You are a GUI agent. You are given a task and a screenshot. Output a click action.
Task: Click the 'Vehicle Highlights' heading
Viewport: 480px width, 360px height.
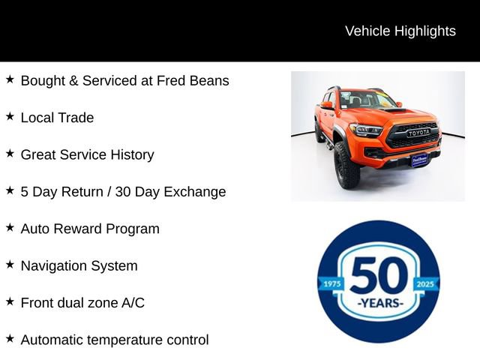400,31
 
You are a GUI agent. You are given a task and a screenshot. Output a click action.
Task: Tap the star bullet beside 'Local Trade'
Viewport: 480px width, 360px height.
10,116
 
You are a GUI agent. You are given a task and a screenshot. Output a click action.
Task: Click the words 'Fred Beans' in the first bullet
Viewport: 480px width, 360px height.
193,80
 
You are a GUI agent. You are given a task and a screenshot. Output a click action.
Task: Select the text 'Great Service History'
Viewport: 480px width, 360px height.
87,154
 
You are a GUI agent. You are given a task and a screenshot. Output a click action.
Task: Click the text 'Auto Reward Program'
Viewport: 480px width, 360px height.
90,229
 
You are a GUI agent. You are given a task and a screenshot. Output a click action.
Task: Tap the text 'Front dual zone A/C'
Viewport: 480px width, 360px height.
82,303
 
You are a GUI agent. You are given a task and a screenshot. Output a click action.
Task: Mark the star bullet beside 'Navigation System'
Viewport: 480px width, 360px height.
10,264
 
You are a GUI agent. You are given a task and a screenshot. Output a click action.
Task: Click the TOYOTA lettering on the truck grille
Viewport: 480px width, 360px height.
418,133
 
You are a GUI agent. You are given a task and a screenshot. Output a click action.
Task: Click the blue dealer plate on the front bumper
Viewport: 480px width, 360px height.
419,159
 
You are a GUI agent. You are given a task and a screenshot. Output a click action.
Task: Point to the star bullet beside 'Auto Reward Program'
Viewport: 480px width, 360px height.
10,227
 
